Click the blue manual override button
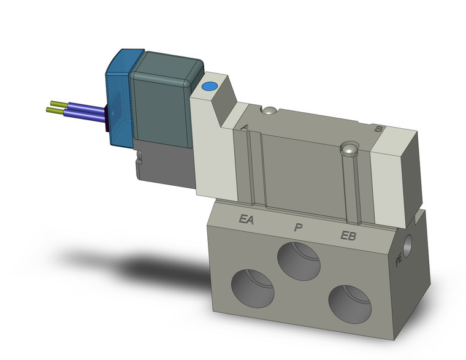click(209, 88)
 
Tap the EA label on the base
click(247, 219)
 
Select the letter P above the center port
click(298, 228)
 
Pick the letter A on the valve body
click(245, 127)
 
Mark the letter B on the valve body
click(379, 129)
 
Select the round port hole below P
click(299, 260)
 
